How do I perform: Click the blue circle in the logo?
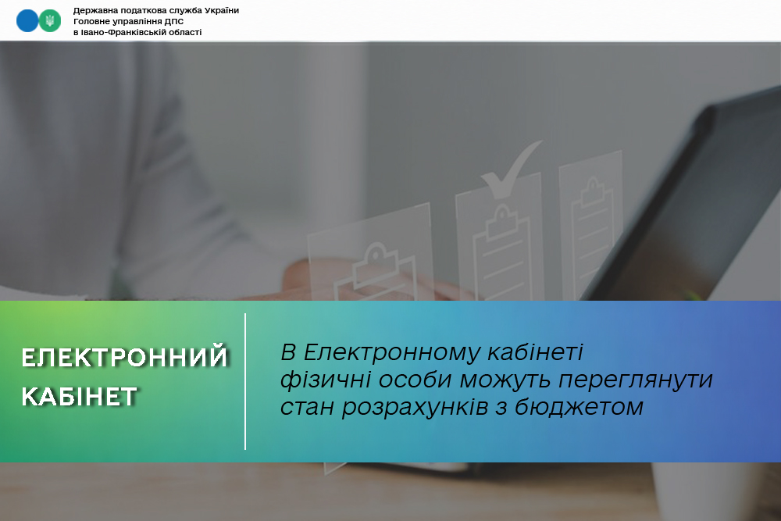[27, 21]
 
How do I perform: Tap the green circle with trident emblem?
[49, 21]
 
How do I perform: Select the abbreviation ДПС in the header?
[174, 21]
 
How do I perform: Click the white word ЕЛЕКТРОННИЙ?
[124, 357]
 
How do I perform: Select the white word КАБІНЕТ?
[79, 397]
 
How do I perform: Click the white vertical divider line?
[245, 381]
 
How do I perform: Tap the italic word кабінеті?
[535, 352]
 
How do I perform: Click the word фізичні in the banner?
[325, 380]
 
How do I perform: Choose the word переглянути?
[636, 381]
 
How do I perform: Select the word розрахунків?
[415, 408]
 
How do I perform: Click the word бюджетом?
[579, 407]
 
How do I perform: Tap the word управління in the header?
[134, 21]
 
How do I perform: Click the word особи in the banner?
[415, 380]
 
